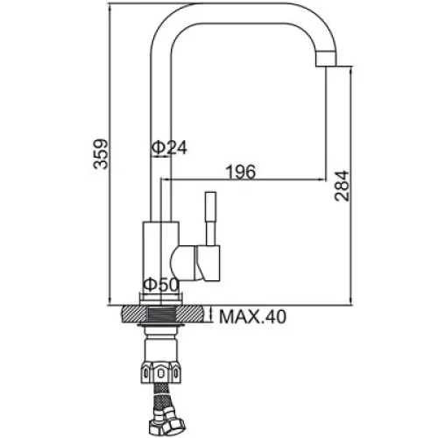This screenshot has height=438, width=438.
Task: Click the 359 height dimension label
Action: (x=101, y=154)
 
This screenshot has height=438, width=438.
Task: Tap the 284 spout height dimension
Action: (x=342, y=186)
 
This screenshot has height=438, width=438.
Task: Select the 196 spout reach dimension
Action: (x=241, y=172)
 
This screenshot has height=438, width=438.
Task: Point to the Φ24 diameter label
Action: (x=169, y=147)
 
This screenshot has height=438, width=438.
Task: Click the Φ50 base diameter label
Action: (x=161, y=285)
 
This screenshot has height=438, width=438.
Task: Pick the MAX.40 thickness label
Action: (x=253, y=316)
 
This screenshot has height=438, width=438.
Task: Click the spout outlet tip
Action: (x=327, y=60)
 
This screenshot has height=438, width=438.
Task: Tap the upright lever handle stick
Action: (x=211, y=218)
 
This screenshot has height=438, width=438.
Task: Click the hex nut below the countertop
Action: (x=160, y=372)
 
